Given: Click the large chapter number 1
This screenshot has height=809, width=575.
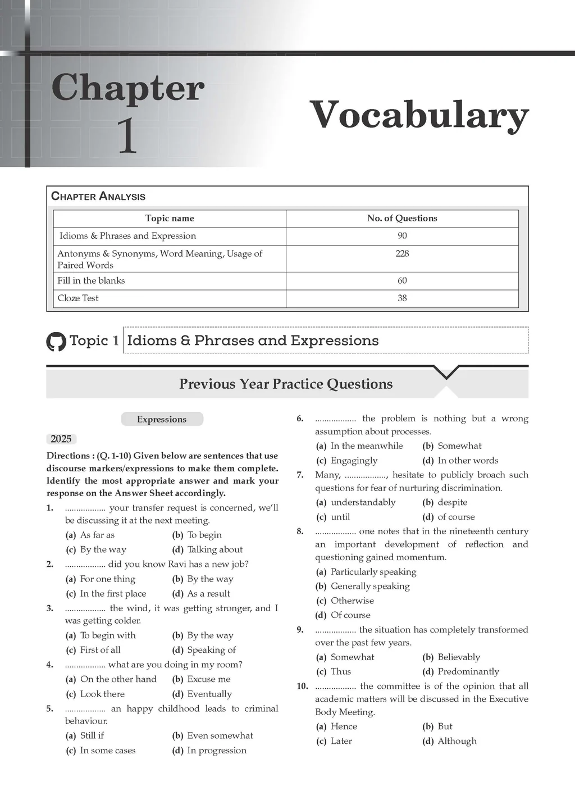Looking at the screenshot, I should point(127,136).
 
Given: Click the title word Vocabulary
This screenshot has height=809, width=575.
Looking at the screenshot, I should point(419,115).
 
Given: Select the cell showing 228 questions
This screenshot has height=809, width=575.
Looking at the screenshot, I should point(402,253).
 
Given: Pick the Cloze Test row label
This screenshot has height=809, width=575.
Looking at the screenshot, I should point(78,298).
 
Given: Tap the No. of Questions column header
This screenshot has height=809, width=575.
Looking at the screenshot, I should point(402,219).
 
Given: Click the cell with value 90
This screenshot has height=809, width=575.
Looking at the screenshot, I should point(402,236).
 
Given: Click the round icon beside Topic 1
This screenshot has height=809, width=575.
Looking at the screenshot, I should point(56,341).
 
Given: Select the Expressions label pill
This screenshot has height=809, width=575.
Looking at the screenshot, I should point(162,419).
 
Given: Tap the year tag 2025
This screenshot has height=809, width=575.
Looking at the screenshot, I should point(61,439).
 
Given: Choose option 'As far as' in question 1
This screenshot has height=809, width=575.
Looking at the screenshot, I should point(97,535).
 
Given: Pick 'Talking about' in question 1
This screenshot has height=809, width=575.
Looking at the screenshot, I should point(215,549).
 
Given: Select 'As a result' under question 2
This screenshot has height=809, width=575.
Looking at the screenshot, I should point(208,593).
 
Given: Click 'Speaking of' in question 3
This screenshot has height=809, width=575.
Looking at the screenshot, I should point(211,650).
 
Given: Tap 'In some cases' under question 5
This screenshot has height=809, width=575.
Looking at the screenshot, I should point(108,751).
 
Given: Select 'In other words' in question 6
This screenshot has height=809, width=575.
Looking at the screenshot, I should point(468,461).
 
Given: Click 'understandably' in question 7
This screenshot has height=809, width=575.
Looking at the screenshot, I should point(363,502).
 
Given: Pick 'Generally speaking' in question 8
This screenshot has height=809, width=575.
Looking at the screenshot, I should point(370,586).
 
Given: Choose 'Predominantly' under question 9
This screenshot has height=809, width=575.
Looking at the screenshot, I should point(468,671).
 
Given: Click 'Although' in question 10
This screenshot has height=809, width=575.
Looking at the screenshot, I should point(457,741).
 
